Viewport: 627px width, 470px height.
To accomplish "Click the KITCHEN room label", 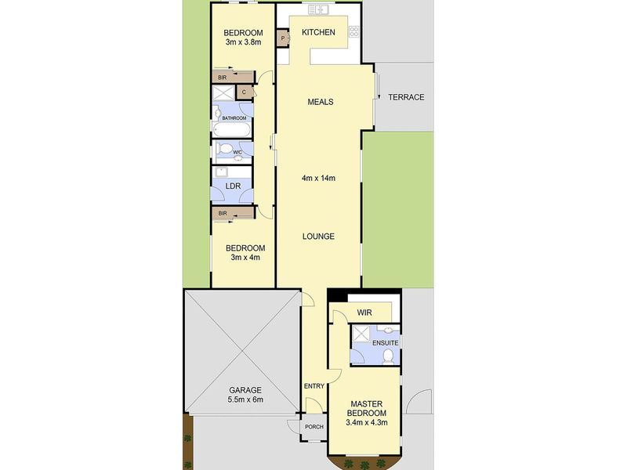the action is click(x=318, y=32).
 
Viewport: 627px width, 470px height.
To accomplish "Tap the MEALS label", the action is click(x=321, y=102).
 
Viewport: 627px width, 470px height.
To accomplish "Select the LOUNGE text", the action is click(x=318, y=237).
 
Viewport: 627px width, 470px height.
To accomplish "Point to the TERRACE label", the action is click(x=406, y=97).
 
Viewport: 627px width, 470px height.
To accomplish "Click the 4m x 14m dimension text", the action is click(x=318, y=178).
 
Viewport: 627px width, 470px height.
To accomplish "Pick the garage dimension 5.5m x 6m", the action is click(x=245, y=399).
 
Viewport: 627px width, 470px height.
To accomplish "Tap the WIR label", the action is click(x=364, y=313).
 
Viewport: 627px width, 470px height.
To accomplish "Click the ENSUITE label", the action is click(x=385, y=343).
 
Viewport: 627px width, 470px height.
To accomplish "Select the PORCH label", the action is click(x=314, y=427).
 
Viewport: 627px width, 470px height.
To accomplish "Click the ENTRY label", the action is click(x=314, y=386).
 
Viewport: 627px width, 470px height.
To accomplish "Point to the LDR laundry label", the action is click(x=233, y=186).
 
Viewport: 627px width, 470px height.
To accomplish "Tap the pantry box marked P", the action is click(x=283, y=38).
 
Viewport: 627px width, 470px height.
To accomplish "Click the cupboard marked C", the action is click(x=245, y=92).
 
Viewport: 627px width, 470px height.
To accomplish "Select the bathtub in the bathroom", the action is click(x=232, y=129).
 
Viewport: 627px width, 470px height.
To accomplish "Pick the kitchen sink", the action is click(x=318, y=9).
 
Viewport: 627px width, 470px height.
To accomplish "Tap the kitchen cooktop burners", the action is click(x=354, y=31).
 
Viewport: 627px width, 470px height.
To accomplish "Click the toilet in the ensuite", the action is click(x=388, y=356).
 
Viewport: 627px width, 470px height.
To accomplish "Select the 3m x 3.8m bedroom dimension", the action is click(x=243, y=42).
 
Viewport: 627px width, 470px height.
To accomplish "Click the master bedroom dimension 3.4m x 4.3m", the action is click(x=367, y=422).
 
